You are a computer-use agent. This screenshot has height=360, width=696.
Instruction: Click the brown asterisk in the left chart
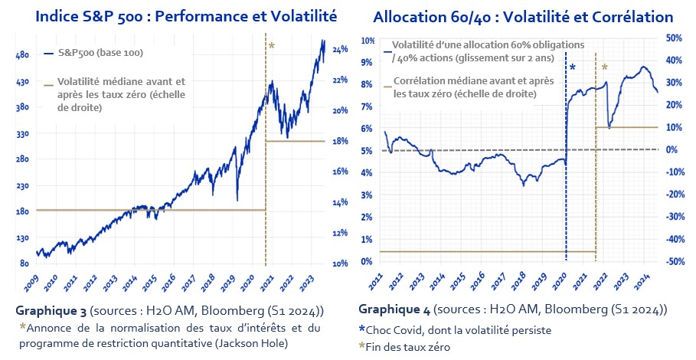271,47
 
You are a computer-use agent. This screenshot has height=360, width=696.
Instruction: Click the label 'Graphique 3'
50,312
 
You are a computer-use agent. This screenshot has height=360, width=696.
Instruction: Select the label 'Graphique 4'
393,309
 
